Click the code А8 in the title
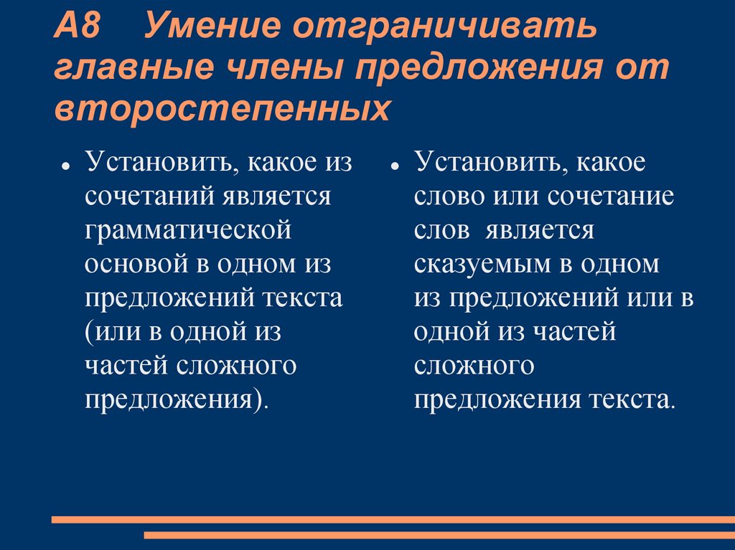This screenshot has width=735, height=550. (79, 28)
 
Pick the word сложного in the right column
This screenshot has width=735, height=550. (474, 366)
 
